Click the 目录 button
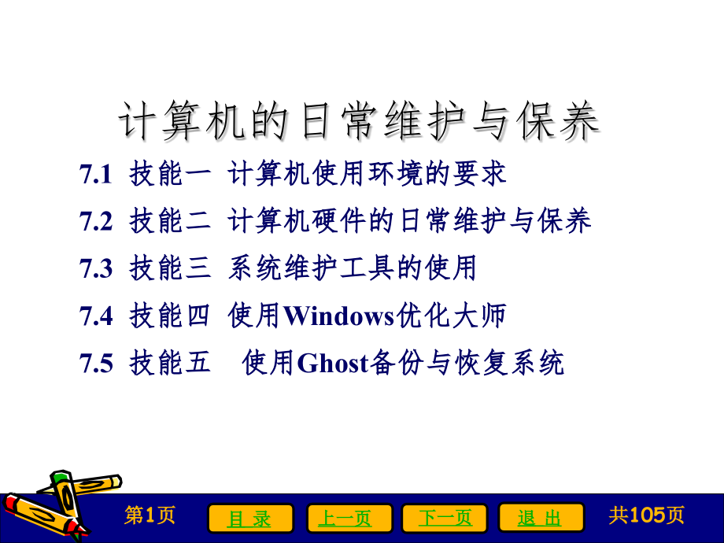(250, 518)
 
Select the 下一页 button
(445, 518)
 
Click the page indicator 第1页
(150, 515)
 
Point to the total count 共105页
(646, 515)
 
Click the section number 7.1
(96, 175)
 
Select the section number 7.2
(96, 222)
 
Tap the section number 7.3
(96, 269)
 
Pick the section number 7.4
(96, 316)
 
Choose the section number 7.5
(96, 364)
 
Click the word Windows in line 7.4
(338, 316)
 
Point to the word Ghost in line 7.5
(333, 364)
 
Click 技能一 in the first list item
(170, 175)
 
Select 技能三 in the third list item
(170, 269)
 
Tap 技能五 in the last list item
(170, 364)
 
